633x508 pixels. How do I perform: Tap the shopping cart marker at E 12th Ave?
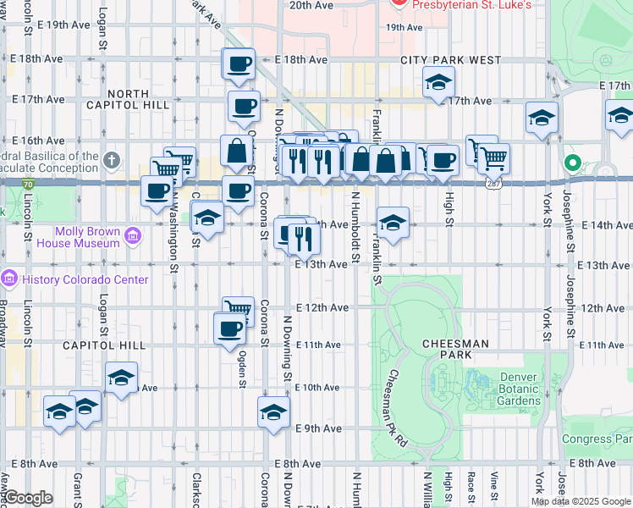coord(239,311)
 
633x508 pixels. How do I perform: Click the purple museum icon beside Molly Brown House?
coord(132,235)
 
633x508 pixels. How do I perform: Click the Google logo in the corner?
coord(27,498)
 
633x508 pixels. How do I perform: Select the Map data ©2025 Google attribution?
coord(581,501)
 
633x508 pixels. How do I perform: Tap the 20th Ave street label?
coord(311,5)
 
